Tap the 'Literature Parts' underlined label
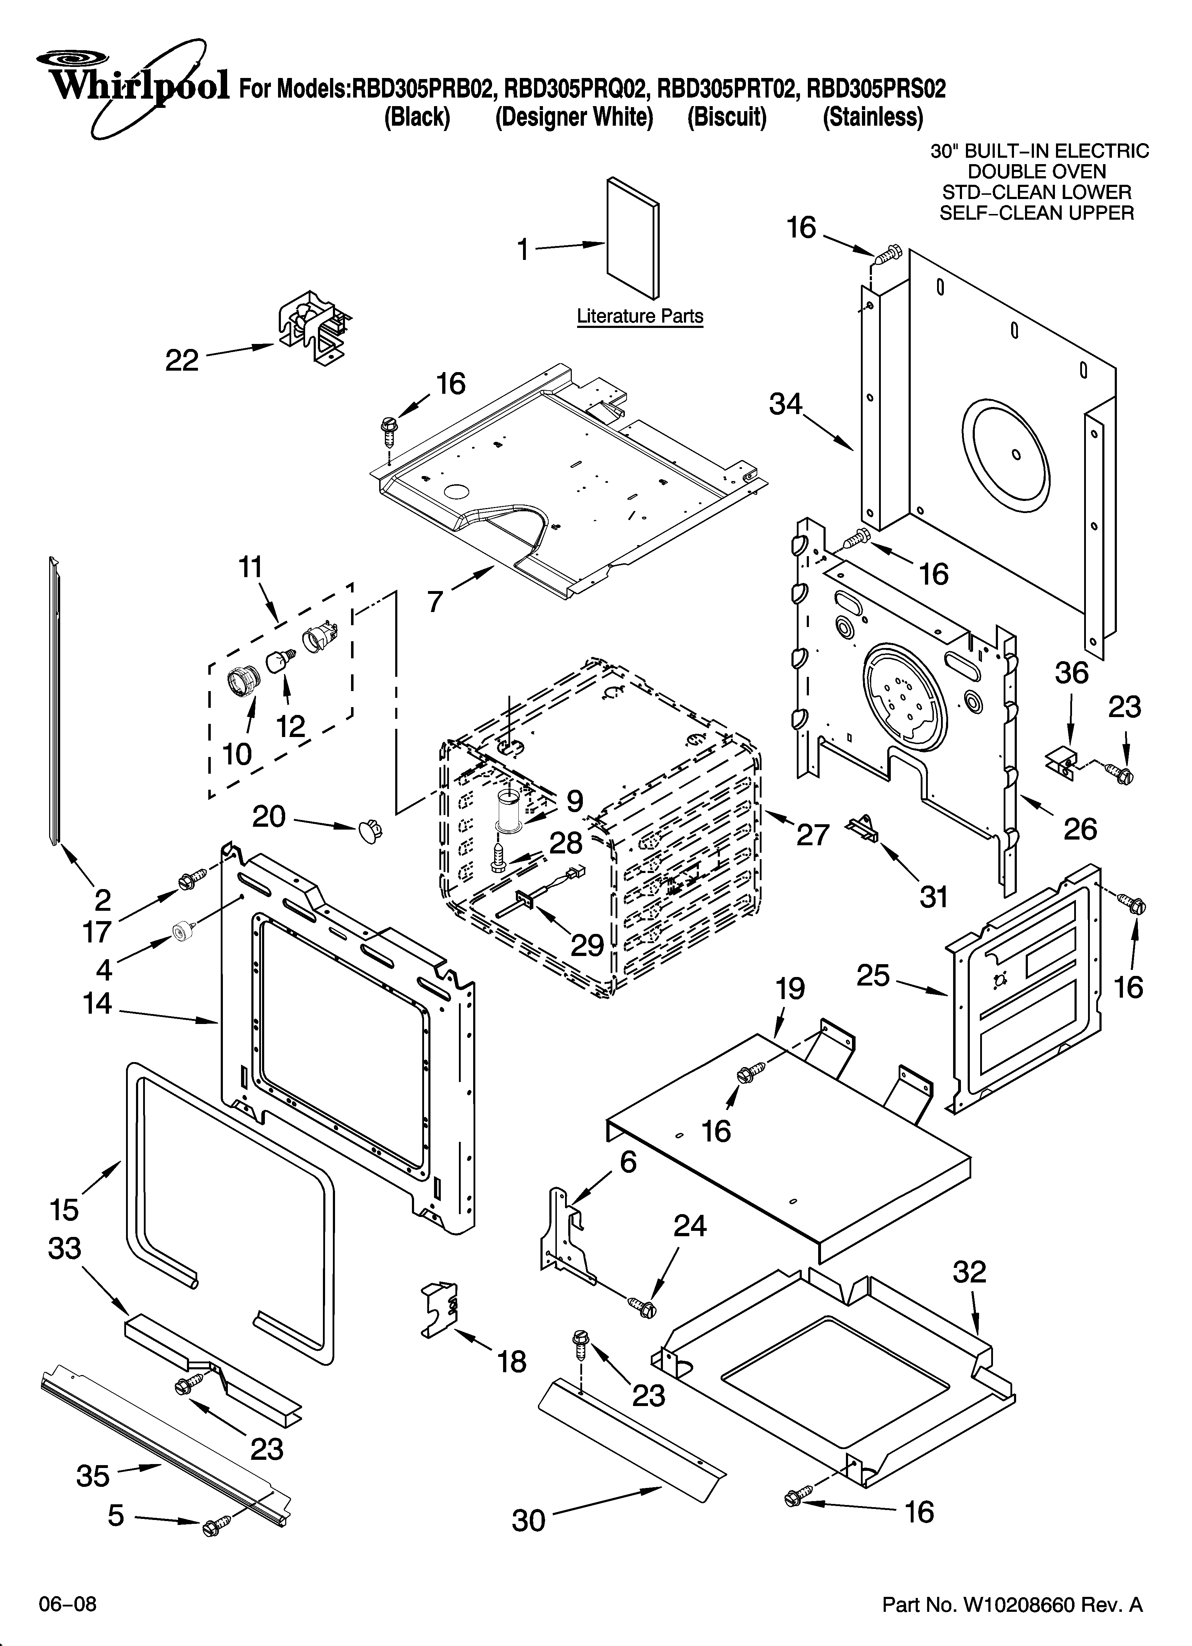[x=639, y=317]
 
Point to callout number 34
[x=786, y=404]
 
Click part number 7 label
[x=435, y=602]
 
